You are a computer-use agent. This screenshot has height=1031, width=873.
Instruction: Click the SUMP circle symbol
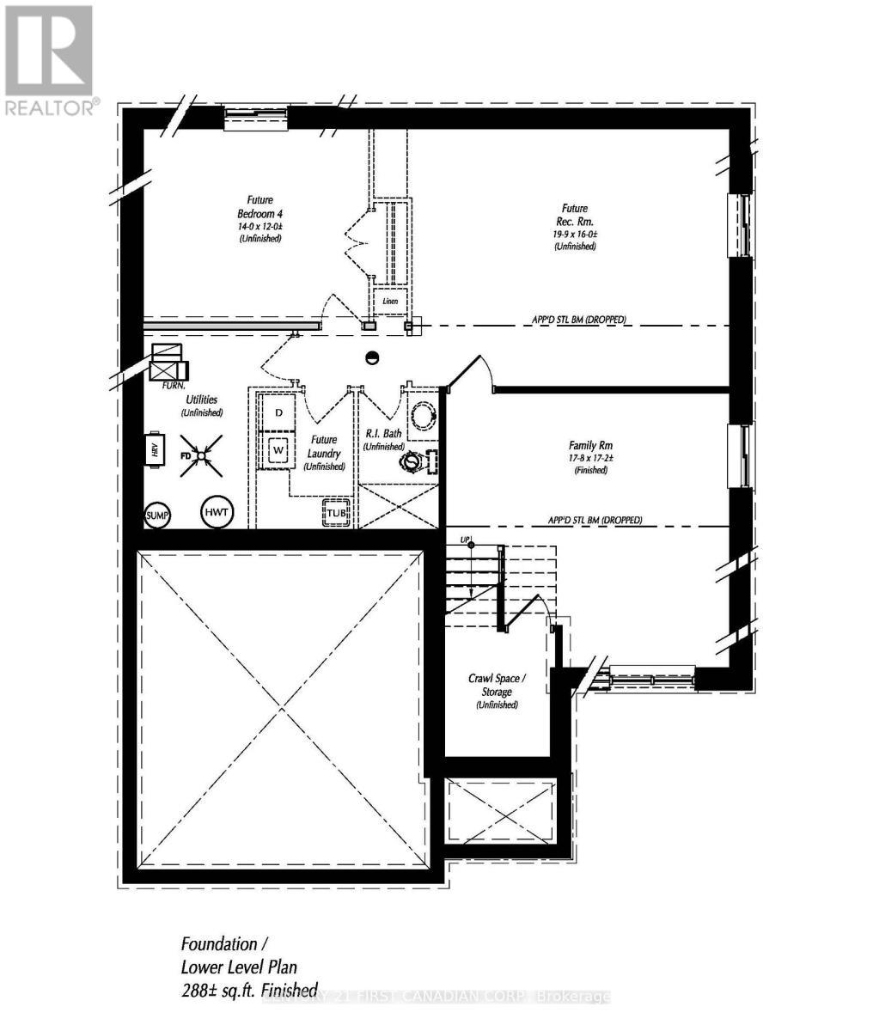[x=157, y=515]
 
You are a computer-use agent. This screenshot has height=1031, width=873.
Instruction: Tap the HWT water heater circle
[x=217, y=513]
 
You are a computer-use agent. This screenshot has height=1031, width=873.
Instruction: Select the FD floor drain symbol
[x=200, y=454]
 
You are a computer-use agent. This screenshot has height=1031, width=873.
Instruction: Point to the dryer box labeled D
[x=278, y=413]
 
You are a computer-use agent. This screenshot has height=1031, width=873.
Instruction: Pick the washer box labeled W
[x=278, y=449]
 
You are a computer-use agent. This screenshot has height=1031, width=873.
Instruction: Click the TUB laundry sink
[x=336, y=513]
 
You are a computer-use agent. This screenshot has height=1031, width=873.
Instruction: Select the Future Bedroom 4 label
[x=259, y=206]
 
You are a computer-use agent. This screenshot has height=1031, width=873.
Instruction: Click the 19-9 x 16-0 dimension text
[x=575, y=234]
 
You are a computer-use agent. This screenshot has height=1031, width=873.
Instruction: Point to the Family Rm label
[x=589, y=445]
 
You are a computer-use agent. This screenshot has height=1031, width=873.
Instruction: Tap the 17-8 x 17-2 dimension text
[x=589, y=458]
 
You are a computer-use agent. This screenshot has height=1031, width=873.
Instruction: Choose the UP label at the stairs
[x=467, y=540]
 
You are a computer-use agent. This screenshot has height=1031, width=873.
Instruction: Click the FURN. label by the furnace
[x=174, y=386]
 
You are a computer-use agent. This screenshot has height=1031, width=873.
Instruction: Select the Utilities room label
[x=202, y=400]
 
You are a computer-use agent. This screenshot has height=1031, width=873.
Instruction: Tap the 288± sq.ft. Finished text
[x=249, y=989]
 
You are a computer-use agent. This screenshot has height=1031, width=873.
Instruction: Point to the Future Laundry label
[x=324, y=447]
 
